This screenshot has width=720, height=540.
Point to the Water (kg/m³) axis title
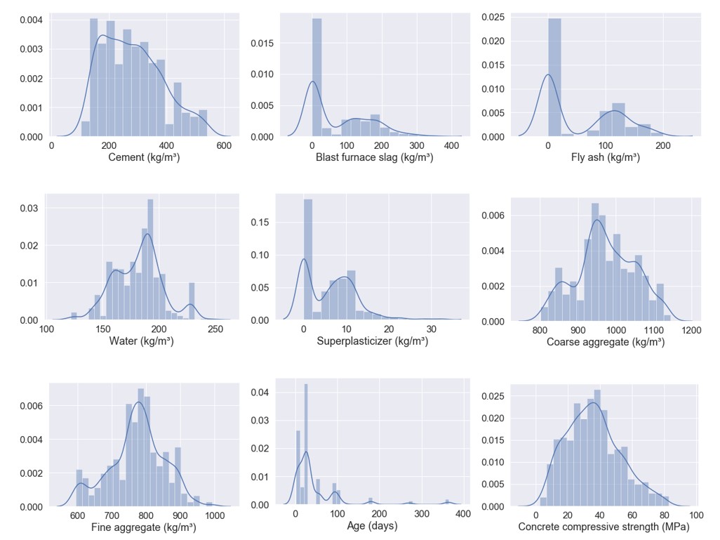141,342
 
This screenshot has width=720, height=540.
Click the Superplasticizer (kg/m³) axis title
373,342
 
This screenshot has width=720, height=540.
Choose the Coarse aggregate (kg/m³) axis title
606,343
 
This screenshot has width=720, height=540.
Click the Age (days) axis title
373,527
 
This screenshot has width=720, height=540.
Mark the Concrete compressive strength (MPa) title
604,527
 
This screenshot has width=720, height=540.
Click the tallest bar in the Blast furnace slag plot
316,77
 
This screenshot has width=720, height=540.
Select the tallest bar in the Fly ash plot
555,77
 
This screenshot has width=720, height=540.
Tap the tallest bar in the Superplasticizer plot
308,260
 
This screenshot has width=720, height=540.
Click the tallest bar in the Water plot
150,260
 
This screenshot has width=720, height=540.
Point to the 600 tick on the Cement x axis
224,145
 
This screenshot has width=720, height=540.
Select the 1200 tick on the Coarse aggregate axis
692,330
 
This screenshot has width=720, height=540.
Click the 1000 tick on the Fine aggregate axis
215,515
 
